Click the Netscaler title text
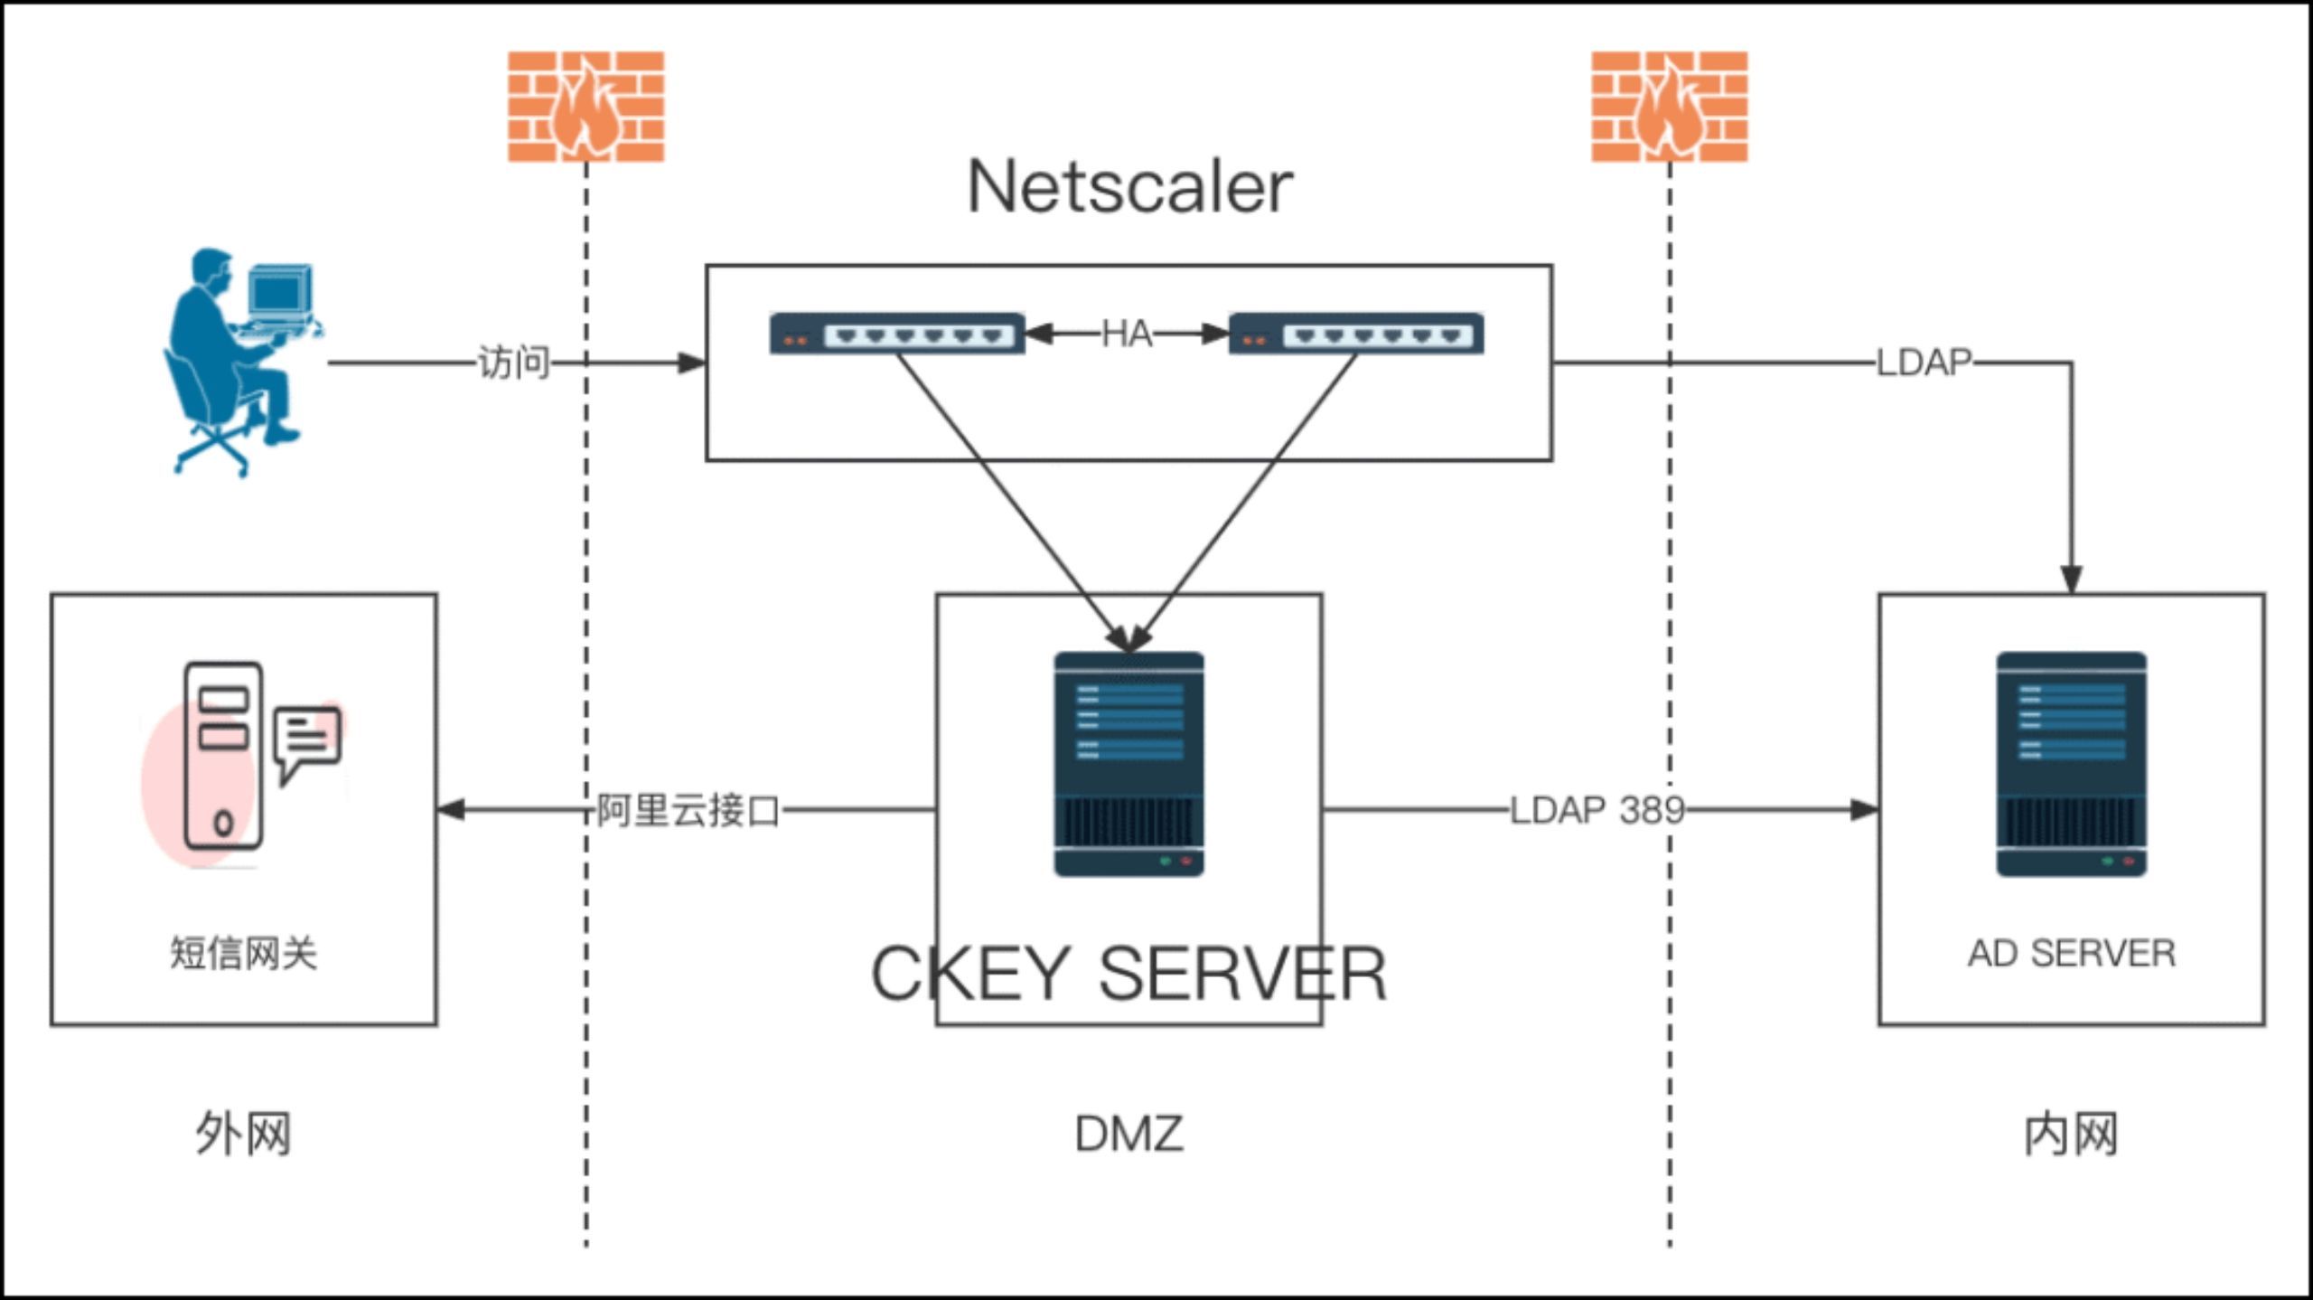click(x=1129, y=187)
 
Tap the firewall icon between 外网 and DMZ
click(x=585, y=106)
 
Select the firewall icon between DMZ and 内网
click(x=1669, y=106)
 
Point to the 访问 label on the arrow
click(x=513, y=363)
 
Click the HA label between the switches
click(x=1127, y=334)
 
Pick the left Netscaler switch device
click(x=896, y=334)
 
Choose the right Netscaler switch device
click(x=1355, y=334)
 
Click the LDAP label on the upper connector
click(x=1924, y=363)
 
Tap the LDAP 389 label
click(x=1597, y=810)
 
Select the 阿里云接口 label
click(x=688, y=810)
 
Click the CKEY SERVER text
click(x=1128, y=974)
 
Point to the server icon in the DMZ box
click(x=1128, y=764)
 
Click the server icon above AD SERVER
click(x=2071, y=764)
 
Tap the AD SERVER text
click(x=2071, y=954)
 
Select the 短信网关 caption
click(x=243, y=954)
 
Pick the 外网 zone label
click(x=243, y=1134)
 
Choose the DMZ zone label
click(x=1128, y=1134)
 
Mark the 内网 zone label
click(x=2071, y=1134)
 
